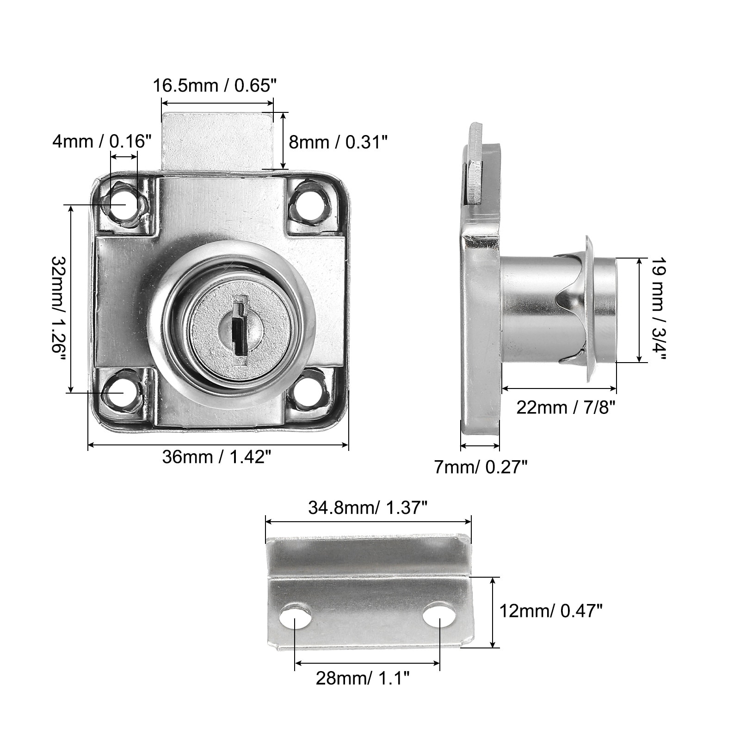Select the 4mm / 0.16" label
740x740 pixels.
(102, 141)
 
